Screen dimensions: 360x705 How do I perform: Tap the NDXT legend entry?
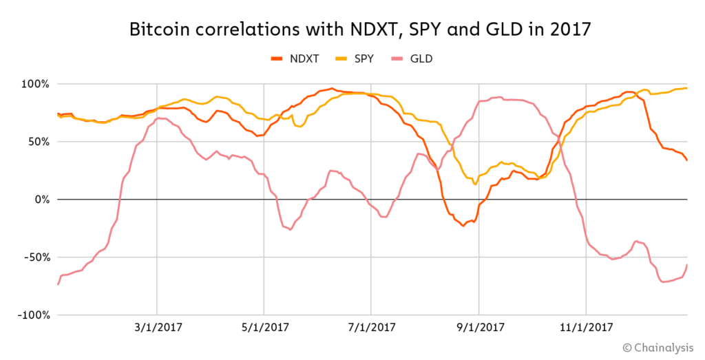295,59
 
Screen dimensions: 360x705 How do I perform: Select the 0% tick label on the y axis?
40,200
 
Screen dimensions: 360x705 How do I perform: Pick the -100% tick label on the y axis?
32,315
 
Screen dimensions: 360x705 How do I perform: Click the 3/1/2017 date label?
157,328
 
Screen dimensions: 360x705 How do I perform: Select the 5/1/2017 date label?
264,328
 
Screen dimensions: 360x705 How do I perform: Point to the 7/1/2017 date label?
371,328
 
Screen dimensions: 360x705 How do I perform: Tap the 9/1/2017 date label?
478,328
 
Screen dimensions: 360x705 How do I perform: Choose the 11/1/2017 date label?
586,328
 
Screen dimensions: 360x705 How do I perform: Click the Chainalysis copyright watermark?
658,347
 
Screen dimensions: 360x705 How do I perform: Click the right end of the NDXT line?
687,160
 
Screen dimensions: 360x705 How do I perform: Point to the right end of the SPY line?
687,88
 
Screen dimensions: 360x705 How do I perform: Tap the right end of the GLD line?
687,264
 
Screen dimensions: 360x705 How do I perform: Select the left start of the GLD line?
58,284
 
